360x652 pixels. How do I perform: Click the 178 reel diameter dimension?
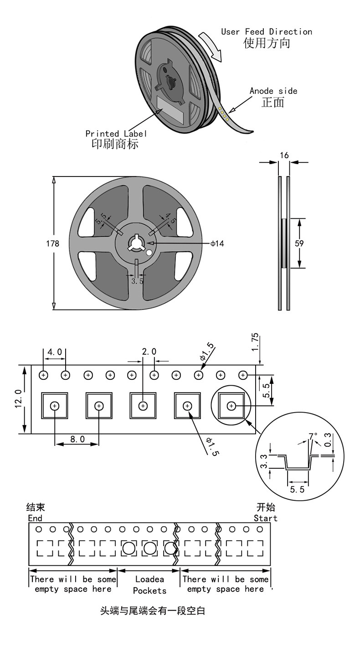52,243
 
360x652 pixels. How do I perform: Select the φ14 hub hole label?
217,243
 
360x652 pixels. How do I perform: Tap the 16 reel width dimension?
284,155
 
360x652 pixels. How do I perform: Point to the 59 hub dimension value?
299,243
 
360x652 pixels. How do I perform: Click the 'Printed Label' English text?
116,134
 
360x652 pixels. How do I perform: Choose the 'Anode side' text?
273,91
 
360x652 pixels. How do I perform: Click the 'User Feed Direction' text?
267,32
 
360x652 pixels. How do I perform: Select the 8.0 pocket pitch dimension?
77,439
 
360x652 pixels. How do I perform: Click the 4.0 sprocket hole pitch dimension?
55,352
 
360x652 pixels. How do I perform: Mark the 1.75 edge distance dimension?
255,342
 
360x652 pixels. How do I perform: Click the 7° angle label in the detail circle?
313,436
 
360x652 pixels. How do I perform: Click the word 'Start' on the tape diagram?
265,518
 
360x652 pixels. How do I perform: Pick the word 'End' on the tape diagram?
35,518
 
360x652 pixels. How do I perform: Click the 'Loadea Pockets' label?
149,585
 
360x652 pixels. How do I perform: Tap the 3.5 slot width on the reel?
137,281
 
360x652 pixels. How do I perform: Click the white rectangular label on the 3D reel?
170,110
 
